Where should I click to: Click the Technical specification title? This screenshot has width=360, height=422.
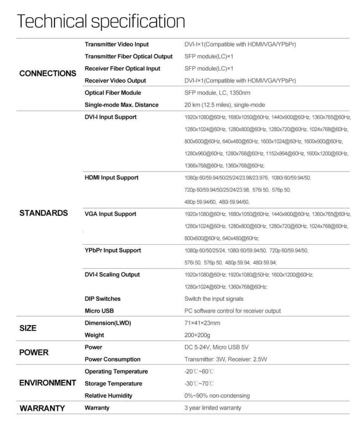101,21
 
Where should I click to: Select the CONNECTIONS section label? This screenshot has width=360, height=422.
48,73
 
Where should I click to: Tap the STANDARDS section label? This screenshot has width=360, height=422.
43,213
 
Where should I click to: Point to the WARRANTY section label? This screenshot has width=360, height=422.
42,408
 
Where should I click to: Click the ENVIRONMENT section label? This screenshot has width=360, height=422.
48,383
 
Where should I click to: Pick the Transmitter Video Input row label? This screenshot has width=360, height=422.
116,44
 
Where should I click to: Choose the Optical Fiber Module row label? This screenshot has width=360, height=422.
113,93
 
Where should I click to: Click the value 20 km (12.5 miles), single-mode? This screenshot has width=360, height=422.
225,105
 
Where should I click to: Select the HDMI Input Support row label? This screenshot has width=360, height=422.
111,178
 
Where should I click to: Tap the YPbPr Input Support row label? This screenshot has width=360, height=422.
113,251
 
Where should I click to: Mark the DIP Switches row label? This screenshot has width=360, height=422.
103,299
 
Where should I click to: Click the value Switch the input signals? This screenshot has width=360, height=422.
214,299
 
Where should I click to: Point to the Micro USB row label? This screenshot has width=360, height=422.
100,311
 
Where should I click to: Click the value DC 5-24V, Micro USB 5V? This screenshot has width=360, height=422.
217,347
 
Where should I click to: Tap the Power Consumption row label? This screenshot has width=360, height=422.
113,360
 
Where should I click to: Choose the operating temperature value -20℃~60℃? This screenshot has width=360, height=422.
199,372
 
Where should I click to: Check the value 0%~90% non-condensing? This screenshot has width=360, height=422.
217,396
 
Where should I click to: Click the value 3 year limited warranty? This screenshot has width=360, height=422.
213,408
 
